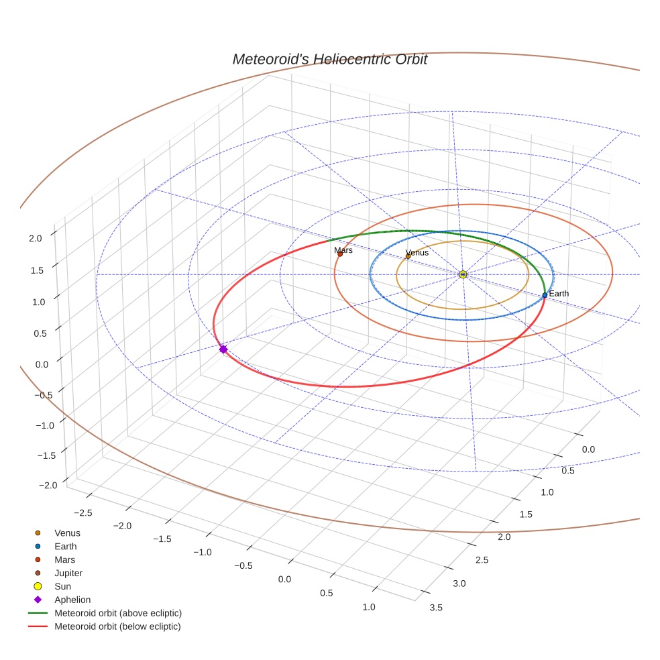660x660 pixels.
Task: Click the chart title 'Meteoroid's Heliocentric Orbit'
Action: pos(329,60)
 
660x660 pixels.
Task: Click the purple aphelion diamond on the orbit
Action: pos(223,349)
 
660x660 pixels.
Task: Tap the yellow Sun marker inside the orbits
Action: pos(463,274)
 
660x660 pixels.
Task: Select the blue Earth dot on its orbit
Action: pos(545,295)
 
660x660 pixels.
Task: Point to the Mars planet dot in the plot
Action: pos(340,254)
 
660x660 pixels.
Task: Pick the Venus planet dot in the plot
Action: pos(408,256)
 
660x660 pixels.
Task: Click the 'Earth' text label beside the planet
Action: pos(559,294)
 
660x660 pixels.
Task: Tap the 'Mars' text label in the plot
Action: pos(343,250)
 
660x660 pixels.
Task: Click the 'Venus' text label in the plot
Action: pos(417,253)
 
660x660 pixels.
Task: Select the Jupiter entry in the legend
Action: pos(68,573)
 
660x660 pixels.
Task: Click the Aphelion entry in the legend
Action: pos(72,600)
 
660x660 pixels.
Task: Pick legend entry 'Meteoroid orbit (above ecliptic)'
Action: pos(118,613)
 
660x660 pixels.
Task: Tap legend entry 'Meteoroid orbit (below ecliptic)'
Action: pos(118,626)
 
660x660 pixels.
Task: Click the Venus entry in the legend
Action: pos(67,533)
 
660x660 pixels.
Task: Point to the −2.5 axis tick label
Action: pos(83,513)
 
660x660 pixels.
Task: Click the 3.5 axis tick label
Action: pos(435,608)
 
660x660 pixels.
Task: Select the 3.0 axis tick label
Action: pos(459,584)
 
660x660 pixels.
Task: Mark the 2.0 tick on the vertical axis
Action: pos(35,237)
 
